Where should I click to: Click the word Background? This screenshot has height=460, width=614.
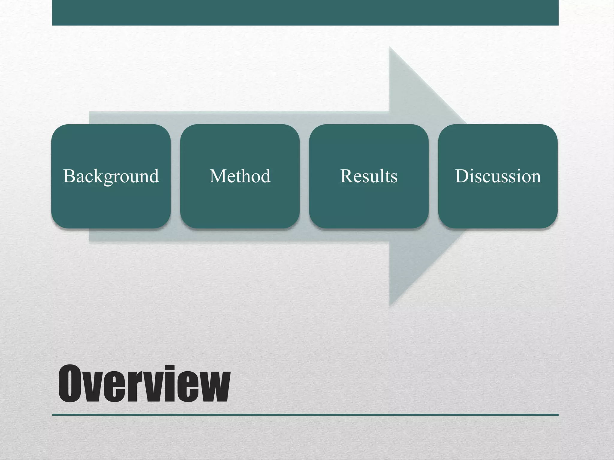(x=111, y=176)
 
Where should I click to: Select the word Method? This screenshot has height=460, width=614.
(x=240, y=176)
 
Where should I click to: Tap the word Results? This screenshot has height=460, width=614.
(x=369, y=176)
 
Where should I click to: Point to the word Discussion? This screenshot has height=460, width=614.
(x=498, y=176)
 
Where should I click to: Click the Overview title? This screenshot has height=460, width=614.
(x=144, y=384)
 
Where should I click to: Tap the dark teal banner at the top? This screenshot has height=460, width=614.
(x=305, y=13)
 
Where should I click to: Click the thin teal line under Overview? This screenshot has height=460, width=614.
(x=305, y=415)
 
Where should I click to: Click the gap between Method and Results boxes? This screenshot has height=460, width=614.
(x=304, y=176)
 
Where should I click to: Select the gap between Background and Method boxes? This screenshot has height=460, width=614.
(x=175, y=176)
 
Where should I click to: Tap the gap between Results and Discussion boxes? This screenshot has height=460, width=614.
(x=433, y=176)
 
